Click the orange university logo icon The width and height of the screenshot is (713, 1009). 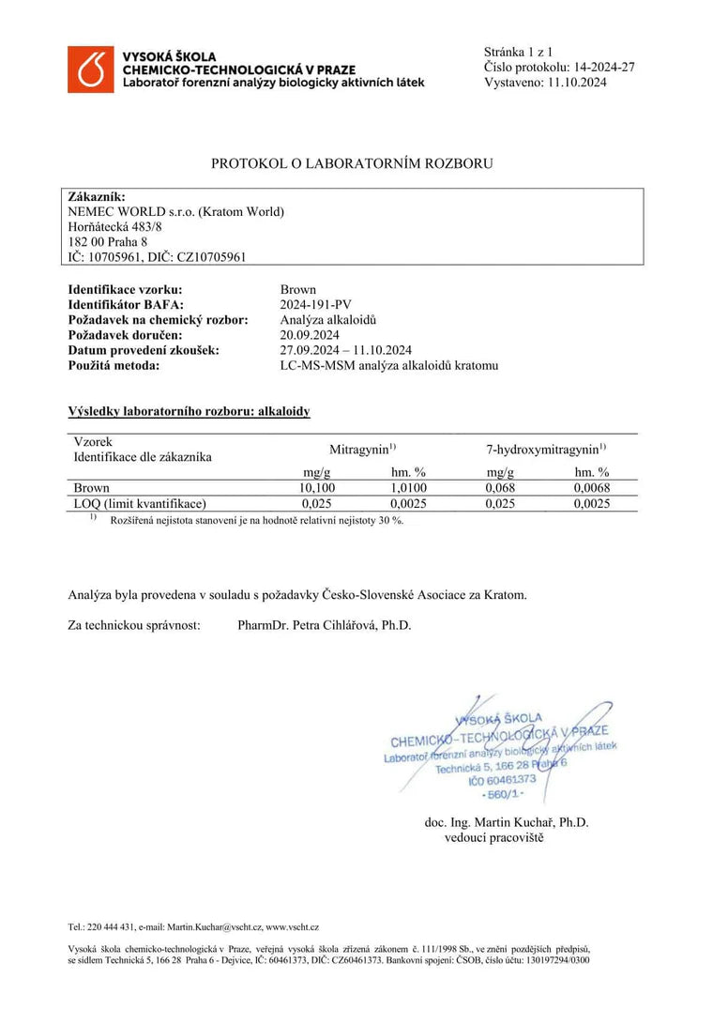pos(90,69)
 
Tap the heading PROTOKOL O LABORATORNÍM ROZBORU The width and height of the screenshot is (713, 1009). pos(352,163)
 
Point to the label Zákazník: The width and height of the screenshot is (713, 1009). pos(97,197)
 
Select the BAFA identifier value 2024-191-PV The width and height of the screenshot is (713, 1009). pos(315,305)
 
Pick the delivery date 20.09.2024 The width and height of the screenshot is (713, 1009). pos(310,335)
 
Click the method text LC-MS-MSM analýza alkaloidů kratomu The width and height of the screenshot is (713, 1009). pos(389,365)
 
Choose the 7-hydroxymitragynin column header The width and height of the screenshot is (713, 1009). pos(539,449)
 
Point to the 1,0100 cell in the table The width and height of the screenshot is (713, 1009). pos(408,488)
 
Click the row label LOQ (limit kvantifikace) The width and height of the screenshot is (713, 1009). pos(140,503)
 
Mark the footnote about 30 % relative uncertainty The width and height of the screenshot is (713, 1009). pos(256,520)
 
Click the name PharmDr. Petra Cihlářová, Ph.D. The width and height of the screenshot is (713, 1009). pos(325,625)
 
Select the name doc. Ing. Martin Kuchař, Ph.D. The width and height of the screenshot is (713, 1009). pos(507,822)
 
